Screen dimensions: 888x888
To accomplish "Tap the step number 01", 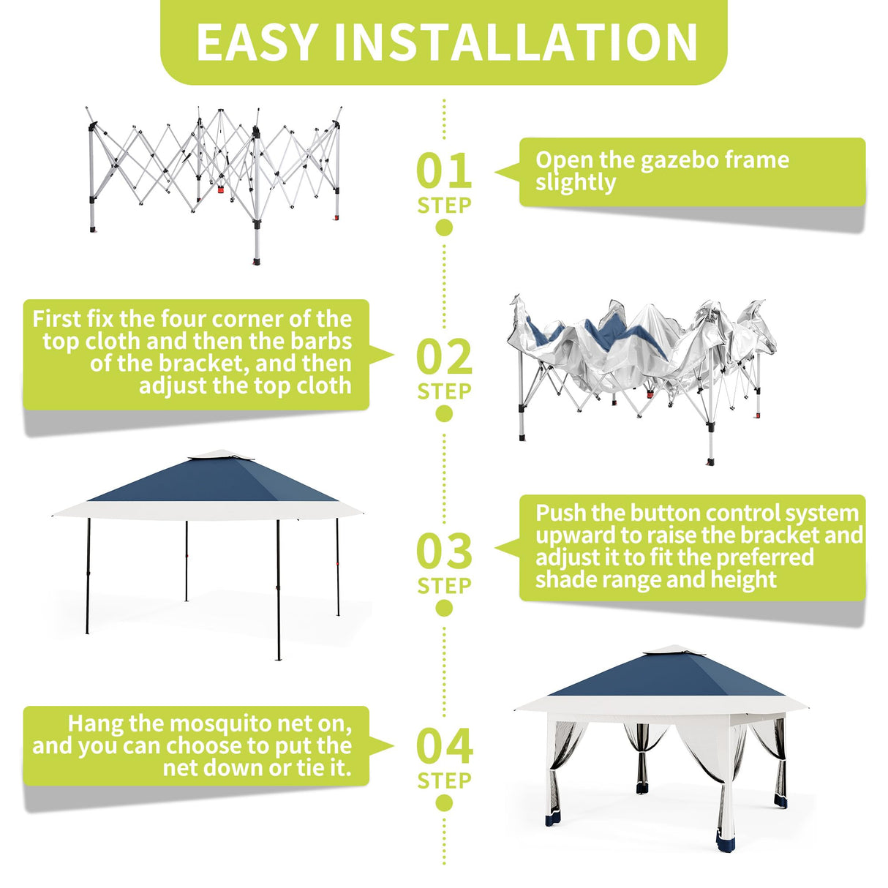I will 444,171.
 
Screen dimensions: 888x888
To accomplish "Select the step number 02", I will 444,358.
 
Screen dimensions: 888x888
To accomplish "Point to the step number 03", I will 444,552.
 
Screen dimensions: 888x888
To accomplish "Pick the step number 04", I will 444,747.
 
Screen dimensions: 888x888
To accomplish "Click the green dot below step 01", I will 444,227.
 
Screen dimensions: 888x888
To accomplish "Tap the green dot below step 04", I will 444,803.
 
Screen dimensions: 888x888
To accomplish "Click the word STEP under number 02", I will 444,392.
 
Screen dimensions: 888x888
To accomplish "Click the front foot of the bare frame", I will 257,260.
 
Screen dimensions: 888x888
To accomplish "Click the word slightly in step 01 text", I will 575,183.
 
